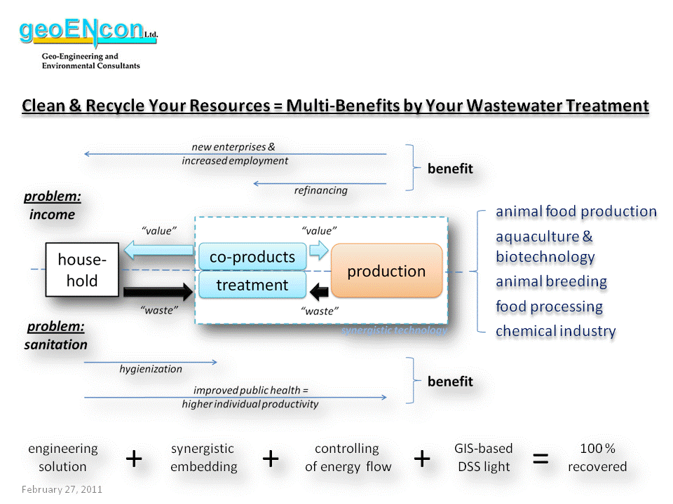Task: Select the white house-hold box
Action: pyautogui.click(x=82, y=271)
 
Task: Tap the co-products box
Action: pyautogui.click(x=252, y=256)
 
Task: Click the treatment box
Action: pyautogui.click(x=252, y=286)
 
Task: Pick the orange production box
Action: pyautogui.click(x=386, y=271)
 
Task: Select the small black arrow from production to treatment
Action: pyautogui.click(x=320, y=290)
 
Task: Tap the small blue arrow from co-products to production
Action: pyautogui.click(x=319, y=250)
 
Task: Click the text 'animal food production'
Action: pyautogui.click(x=576, y=211)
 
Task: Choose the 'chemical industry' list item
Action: pyautogui.click(x=555, y=331)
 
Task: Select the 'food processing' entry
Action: pyautogui.click(x=549, y=307)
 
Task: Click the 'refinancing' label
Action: pyautogui.click(x=320, y=190)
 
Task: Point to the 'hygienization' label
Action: pyautogui.click(x=150, y=369)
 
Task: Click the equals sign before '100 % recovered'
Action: pyautogui.click(x=541, y=458)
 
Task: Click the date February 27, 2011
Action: pyautogui.click(x=62, y=489)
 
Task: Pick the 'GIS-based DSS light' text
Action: pyautogui.click(x=483, y=458)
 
